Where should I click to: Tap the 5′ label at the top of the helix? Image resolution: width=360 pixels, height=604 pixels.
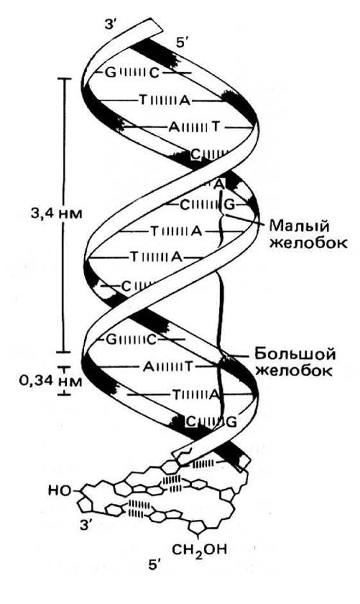pyautogui.click(x=182, y=43)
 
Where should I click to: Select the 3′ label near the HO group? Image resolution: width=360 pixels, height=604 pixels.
pyautogui.click(x=85, y=524)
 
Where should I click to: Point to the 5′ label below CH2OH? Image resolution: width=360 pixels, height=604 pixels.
pyautogui.click(x=154, y=565)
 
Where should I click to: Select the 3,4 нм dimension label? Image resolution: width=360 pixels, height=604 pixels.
pyautogui.click(x=56, y=213)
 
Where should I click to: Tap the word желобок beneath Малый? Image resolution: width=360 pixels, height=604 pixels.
pyautogui.click(x=309, y=244)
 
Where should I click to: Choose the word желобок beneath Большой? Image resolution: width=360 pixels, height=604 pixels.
pyautogui.click(x=294, y=371)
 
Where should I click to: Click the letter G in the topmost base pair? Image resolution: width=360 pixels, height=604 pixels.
pyautogui.click(x=110, y=72)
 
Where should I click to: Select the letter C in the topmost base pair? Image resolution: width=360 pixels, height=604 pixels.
pyautogui.click(x=154, y=73)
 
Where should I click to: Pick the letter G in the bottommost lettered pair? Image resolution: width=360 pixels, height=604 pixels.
pyautogui.click(x=232, y=422)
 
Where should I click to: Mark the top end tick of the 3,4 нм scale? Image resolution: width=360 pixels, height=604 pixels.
pyautogui.click(x=65, y=79)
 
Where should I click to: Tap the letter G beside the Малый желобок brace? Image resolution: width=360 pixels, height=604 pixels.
pyautogui.click(x=229, y=205)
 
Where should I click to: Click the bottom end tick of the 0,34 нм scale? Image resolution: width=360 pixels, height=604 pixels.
pyautogui.click(x=65, y=394)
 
